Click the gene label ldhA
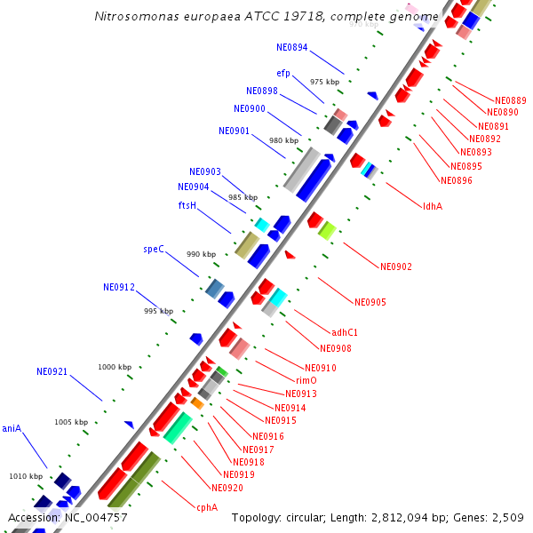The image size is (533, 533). click(433, 206)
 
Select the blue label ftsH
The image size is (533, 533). click(187, 205)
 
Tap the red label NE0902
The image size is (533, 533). click(396, 266)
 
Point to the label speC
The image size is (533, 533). click(154, 250)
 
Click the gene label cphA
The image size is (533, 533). click(207, 508)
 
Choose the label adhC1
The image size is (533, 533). click(345, 332)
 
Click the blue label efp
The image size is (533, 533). click(283, 73)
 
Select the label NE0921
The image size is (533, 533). click(52, 371)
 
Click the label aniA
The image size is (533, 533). click(12, 428)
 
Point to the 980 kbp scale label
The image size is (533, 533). click(283, 140)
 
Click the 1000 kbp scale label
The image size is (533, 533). click(115, 367)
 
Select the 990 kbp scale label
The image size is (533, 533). click(201, 254)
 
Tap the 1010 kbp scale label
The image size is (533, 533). click(26, 476)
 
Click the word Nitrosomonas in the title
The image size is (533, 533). click(135, 17)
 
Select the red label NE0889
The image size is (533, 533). click(510, 100)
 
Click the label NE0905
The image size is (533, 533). click(370, 302)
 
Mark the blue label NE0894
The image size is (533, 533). click(292, 47)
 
